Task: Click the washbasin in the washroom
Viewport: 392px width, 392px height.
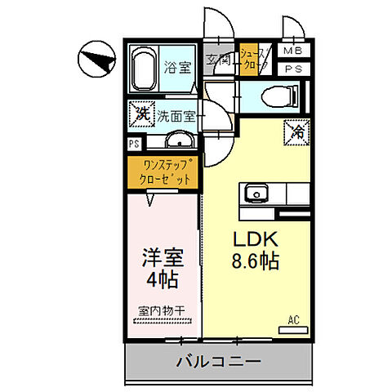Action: tap(180, 140)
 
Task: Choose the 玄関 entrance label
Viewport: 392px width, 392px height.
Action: tap(218, 60)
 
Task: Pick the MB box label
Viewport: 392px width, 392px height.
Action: tap(292, 51)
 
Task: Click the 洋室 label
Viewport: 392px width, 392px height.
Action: tap(162, 257)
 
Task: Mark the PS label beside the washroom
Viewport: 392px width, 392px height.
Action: tap(132, 145)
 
